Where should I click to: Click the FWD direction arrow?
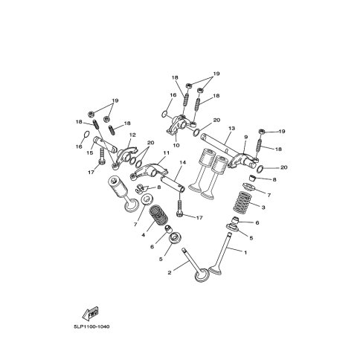[91, 313]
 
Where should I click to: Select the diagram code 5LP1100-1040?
[91, 327]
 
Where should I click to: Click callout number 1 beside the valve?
[245, 253]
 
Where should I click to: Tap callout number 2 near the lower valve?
[170, 273]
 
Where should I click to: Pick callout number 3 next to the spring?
[263, 208]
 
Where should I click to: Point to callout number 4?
[143, 235]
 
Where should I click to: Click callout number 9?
[245, 137]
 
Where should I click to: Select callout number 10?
[176, 145]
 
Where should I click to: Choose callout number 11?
[167, 152]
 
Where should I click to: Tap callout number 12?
[132, 135]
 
